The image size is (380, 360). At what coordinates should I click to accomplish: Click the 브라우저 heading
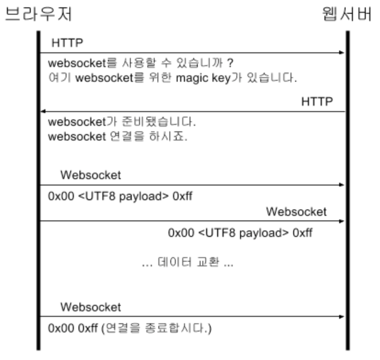click(39, 15)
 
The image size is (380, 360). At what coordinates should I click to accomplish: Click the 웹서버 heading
click(346, 15)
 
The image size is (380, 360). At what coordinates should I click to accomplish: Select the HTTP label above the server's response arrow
click(317, 101)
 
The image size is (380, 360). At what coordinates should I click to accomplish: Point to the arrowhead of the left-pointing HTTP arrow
click(43, 112)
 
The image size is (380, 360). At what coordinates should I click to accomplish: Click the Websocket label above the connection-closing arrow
click(90, 306)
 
